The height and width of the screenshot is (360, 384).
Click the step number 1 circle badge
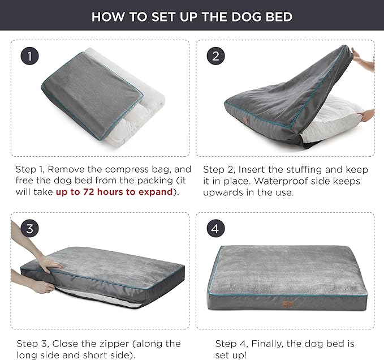[x=30, y=56]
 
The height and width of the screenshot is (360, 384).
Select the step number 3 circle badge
[x=30, y=229]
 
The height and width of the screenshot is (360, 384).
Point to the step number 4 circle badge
[x=213, y=229]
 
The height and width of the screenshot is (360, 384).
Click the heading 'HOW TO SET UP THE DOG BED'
[x=192, y=16]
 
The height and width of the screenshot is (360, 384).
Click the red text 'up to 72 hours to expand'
[x=114, y=192]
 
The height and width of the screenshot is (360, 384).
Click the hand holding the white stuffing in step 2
[x=366, y=114]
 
